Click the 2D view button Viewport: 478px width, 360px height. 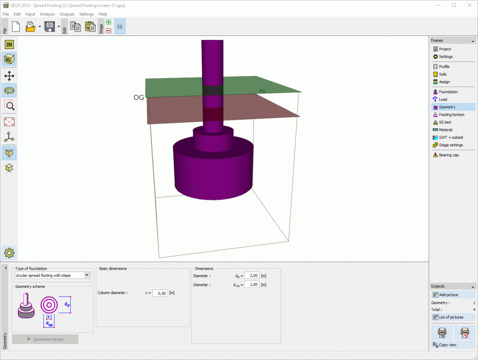point(9,45)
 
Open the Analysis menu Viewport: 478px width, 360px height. point(47,14)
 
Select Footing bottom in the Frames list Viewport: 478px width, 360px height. point(451,115)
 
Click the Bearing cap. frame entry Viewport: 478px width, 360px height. point(449,155)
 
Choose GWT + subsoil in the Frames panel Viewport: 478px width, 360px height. point(451,137)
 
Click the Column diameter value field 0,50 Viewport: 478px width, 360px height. point(160,293)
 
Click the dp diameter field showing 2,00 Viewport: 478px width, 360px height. point(252,276)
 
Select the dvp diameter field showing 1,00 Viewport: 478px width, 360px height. point(252,285)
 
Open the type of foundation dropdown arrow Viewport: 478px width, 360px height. point(87,275)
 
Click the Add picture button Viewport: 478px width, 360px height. point(453,295)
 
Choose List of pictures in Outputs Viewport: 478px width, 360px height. point(453,317)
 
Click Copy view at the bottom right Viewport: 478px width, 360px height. point(453,345)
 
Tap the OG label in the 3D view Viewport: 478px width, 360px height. point(139,98)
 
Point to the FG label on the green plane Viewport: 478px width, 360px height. point(263,91)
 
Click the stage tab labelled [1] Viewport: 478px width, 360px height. point(120,27)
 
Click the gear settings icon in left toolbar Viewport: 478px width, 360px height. point(9,253)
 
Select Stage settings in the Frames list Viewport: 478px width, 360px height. point(451,145)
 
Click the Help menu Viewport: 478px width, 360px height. point(103,14)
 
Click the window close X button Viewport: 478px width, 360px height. point(469,5)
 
